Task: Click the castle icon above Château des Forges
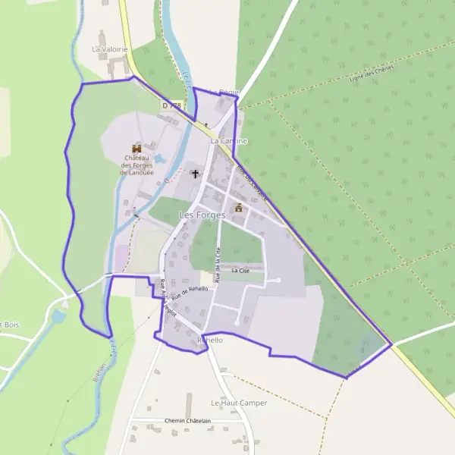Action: pos(137,147)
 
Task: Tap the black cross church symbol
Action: pos(195,174)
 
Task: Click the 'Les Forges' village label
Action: pos(202,215)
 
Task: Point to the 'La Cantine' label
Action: pos(229,141)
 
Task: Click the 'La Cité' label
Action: pos(240,270)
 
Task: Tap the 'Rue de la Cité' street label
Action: pos(218,266)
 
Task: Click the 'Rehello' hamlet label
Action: pos(210,340)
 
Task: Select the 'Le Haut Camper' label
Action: pos(239,403)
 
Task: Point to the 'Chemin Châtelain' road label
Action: pos(190,420)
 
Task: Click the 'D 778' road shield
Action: pos(171,105)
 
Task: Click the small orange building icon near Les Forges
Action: pos(238,207)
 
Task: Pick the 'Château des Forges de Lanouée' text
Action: pos(137,165)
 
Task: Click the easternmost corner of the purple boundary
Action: pos(392,345)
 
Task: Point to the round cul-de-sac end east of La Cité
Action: pos(278,281)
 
